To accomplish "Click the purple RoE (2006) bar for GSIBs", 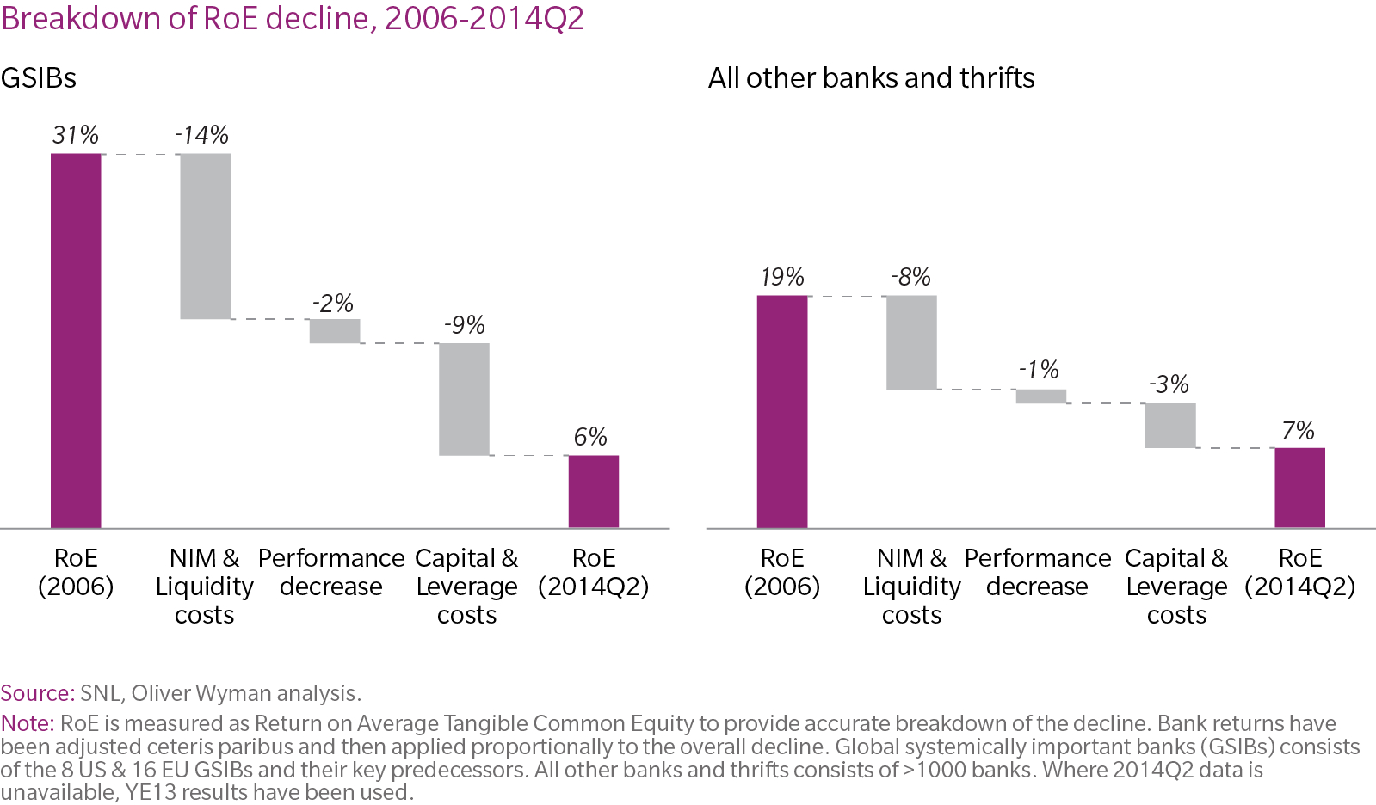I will (76, 341).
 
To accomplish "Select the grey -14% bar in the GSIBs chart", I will (205, 237).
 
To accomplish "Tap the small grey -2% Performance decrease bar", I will (335, 331).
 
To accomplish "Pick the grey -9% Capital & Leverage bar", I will (464, 399).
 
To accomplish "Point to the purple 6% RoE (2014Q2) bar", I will (594, 491).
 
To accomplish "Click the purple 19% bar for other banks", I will (782, 411).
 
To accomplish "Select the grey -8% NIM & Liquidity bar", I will (911, 342).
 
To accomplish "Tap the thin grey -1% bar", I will (1041, 396).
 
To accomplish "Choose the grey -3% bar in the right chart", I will (1170, 426).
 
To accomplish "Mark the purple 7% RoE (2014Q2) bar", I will (1299, 488).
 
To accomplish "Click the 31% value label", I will (76, 135).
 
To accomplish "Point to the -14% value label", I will (201, 135).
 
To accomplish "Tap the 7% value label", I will (1299, 431).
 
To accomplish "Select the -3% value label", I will (1169, 384).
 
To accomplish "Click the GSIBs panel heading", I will (39, 78).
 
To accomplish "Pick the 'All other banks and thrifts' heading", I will (871, 78).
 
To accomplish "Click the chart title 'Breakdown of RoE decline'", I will (293, 18).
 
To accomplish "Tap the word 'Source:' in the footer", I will (38, 693).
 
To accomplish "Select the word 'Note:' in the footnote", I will (28, 723).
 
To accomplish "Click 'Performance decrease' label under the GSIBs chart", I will (331, 572).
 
